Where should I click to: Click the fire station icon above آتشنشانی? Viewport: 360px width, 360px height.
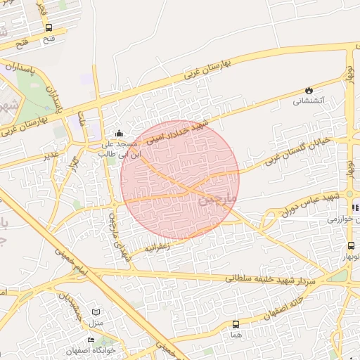click(308, 90)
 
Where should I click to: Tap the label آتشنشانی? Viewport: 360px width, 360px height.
click(308, 101)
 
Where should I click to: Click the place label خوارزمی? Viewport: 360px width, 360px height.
click(344, 219)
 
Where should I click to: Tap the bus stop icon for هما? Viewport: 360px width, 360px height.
click(235, 325)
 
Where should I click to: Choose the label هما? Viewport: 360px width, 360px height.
click(235, 335)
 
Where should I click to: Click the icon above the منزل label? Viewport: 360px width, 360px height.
click(96, 312)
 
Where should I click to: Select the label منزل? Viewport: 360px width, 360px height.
click(96, 323)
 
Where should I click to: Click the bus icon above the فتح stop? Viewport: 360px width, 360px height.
click(49, 28)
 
